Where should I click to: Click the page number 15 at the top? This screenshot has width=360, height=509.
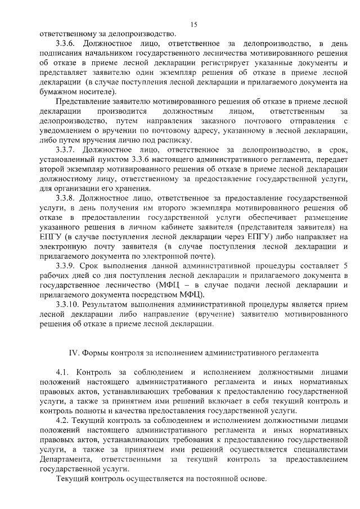pyautogui.click(x=194, y=24)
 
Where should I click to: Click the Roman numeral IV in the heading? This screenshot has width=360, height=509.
pyautogui.click(x=73, y=353)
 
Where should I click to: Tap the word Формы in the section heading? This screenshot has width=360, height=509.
pyautogui.click(x=97, y=353)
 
